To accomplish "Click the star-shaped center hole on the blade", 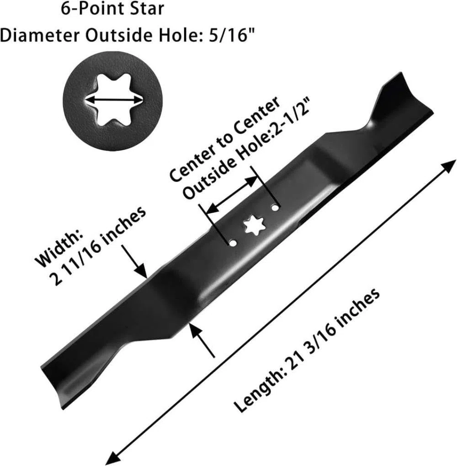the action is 254,225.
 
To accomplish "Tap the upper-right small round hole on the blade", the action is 276,208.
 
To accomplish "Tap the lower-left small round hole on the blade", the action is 233,243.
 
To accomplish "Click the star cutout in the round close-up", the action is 113,100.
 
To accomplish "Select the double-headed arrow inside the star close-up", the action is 113,100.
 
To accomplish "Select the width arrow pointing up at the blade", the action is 202,340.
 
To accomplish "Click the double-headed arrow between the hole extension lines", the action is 232,196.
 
